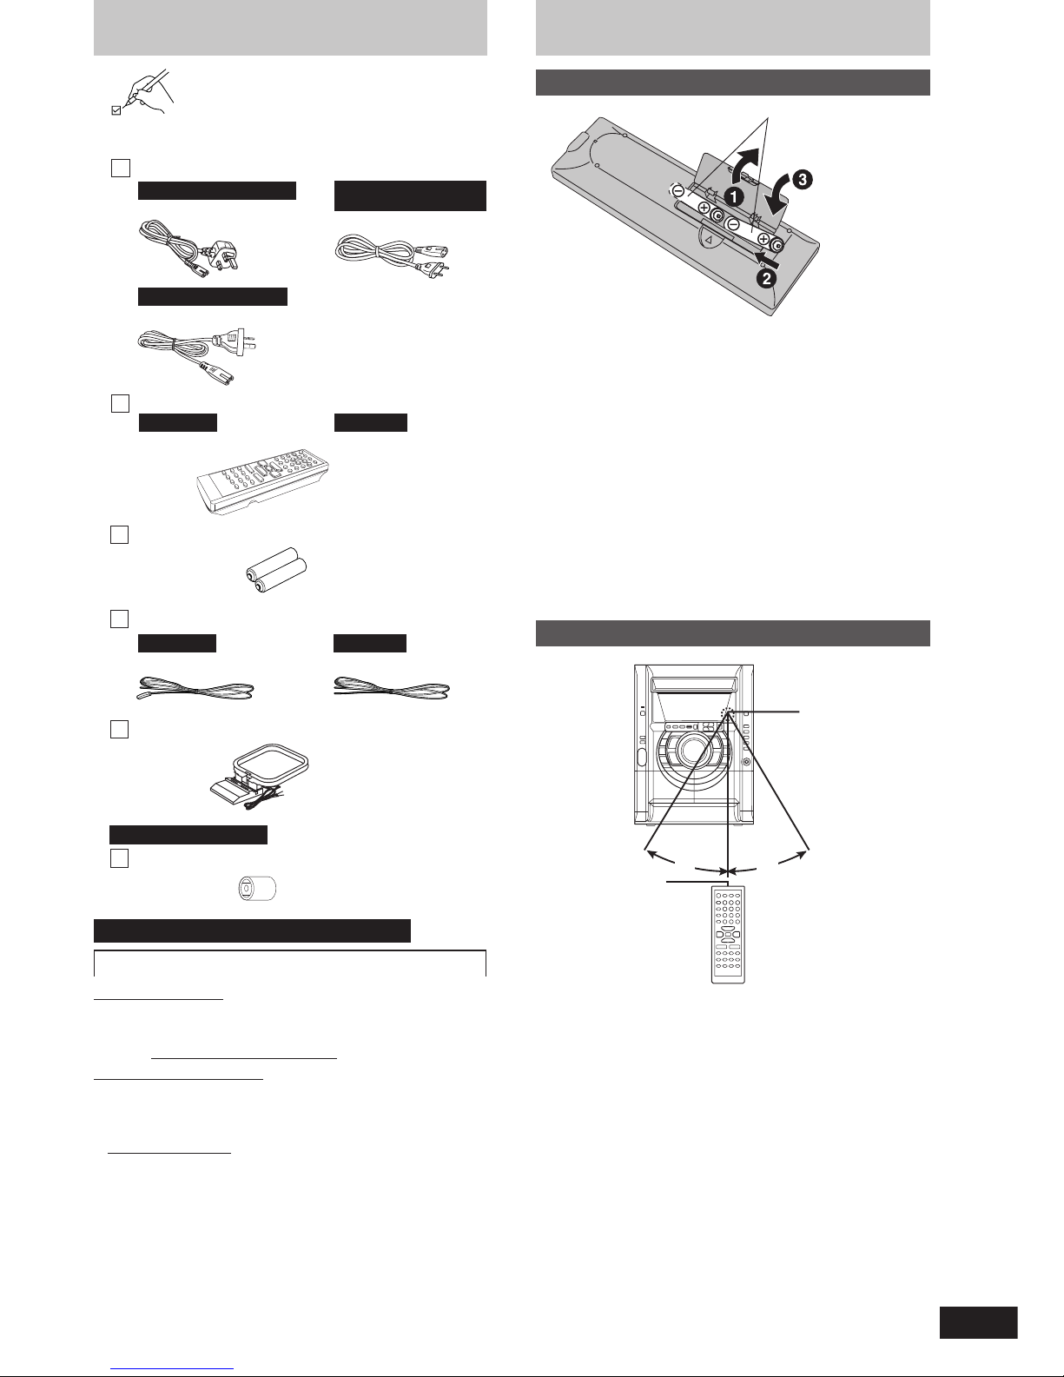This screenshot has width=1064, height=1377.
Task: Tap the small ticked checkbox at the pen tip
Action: [x=116, y=111]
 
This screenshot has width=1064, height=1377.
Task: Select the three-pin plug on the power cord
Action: [x=224, y=254]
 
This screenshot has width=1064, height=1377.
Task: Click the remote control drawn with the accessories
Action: [x=263, y=481]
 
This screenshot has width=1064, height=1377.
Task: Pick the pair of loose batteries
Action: [x=277, y=570]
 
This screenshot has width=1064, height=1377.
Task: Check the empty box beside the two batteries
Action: [x=120, y=535]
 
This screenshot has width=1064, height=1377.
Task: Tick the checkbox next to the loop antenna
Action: [x=120, y=730]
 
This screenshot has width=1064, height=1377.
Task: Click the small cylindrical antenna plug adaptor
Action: [x=257, y=889]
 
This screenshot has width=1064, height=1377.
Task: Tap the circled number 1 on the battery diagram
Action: [x=734, y=197]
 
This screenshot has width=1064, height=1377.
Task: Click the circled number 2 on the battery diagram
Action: [x=767, y=277]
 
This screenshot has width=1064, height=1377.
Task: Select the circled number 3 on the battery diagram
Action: [x=803, y=179]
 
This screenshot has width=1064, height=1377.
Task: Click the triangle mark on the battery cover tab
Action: [x=710, y=240]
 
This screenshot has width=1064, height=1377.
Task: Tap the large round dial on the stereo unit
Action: [x=692, y=751]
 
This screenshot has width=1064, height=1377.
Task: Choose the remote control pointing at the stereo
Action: [x=729, y=935]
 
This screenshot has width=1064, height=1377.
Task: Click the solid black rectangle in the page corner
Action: [x=979, y=1322]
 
